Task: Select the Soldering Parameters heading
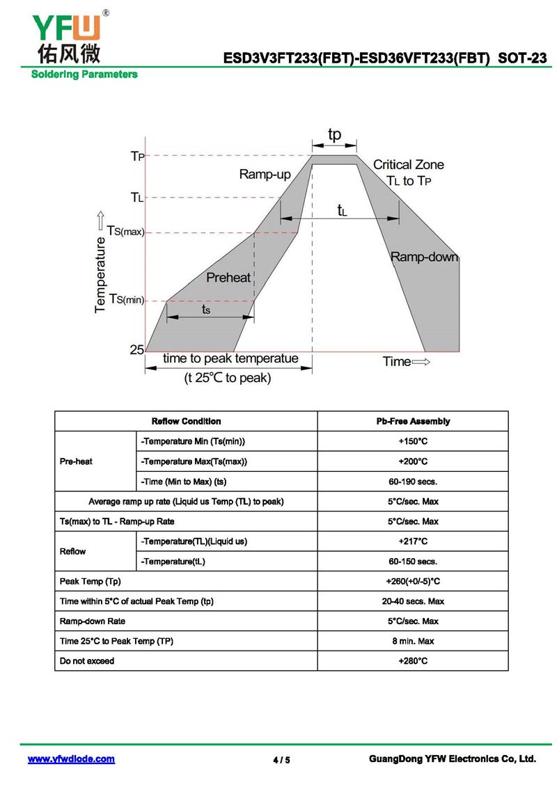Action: pos(84,74)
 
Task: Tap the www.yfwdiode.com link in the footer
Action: pos(71,759)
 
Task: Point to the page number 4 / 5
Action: pos(281,760)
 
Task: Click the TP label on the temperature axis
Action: pos(138,156)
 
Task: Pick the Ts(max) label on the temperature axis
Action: pos(125,232)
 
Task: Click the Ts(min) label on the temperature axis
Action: pos(127,299)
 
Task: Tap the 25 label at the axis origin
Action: pos(137,350)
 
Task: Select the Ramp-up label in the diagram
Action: pos(265,174)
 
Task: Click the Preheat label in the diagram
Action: pos(228,278)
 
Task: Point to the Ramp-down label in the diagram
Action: pos(425,257)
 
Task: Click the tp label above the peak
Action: pos(334,134)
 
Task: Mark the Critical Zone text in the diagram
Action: pos(408,165)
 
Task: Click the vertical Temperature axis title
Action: pos(100,275)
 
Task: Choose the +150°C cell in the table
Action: pos(413,441)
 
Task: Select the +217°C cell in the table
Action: pos(413,541)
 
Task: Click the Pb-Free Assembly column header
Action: pos(413,421)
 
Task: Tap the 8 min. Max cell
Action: pos(413,641)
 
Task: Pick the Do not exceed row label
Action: pos(87,661)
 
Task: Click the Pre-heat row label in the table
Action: pos(76,461)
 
